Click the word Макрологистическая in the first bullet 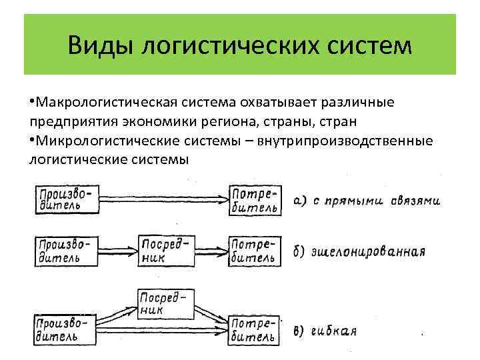[107, 103]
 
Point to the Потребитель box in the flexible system [253, 329]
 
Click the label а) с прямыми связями [366, 201]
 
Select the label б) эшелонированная [359, 252]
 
